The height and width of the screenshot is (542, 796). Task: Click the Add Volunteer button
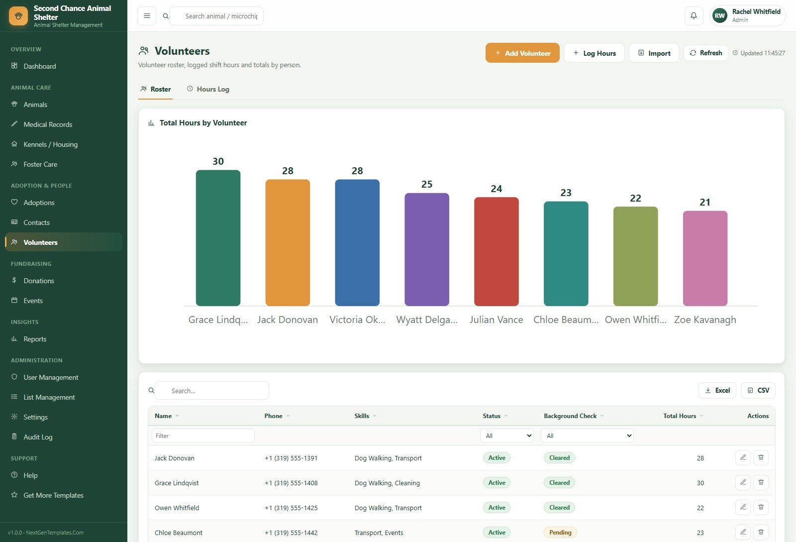(522, 53)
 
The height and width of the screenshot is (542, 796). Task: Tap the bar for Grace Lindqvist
(218, 238)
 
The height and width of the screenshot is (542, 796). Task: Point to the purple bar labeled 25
(426, 249)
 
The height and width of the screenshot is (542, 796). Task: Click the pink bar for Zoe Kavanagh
(705, 258)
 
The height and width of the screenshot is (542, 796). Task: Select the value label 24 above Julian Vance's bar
(496, 189)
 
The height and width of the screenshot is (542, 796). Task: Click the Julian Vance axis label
(496, 320)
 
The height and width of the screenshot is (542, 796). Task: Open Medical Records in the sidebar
(48, 124)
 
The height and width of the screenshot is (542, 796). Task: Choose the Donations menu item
(39, 281)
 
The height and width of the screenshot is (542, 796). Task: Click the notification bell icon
(694, 16)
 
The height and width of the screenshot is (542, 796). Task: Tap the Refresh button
(706, 53)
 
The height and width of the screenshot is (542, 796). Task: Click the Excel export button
(717, 391)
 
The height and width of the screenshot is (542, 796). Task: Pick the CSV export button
(758, 391)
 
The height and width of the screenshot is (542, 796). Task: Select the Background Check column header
(570, 416)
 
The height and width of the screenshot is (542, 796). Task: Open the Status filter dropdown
(507, 435)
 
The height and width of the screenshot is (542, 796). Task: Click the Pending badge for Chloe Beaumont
(560, 533)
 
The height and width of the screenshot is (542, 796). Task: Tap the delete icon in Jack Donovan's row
(761, 458)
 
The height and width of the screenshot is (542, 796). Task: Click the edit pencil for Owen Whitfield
(743, 508)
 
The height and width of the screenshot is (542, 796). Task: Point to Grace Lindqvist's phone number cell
(291, 483)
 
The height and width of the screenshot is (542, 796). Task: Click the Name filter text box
(203, 435)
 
